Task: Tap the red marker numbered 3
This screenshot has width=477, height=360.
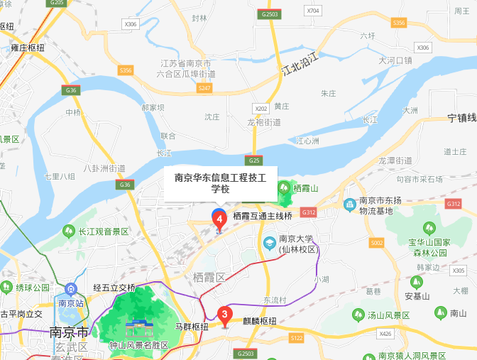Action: (225, 315)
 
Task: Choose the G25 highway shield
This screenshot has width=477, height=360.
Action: (254, 160)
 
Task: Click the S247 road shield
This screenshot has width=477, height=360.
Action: (204, 87)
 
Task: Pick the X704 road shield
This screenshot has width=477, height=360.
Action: (313, 11)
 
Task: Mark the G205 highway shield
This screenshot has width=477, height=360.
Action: (57, 3)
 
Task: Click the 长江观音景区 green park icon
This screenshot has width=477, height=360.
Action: (69, 231)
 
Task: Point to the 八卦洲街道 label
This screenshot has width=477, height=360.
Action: (104, 168)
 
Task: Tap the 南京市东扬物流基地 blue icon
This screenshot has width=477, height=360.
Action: (349, 205)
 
